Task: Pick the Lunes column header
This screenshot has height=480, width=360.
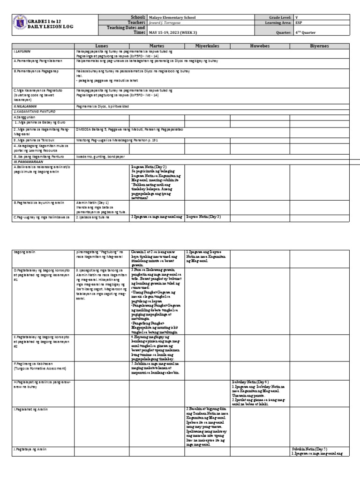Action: coord(102,46)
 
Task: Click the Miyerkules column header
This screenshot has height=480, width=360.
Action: coord(207,46)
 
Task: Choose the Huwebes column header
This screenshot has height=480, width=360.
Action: coord(260,46)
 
